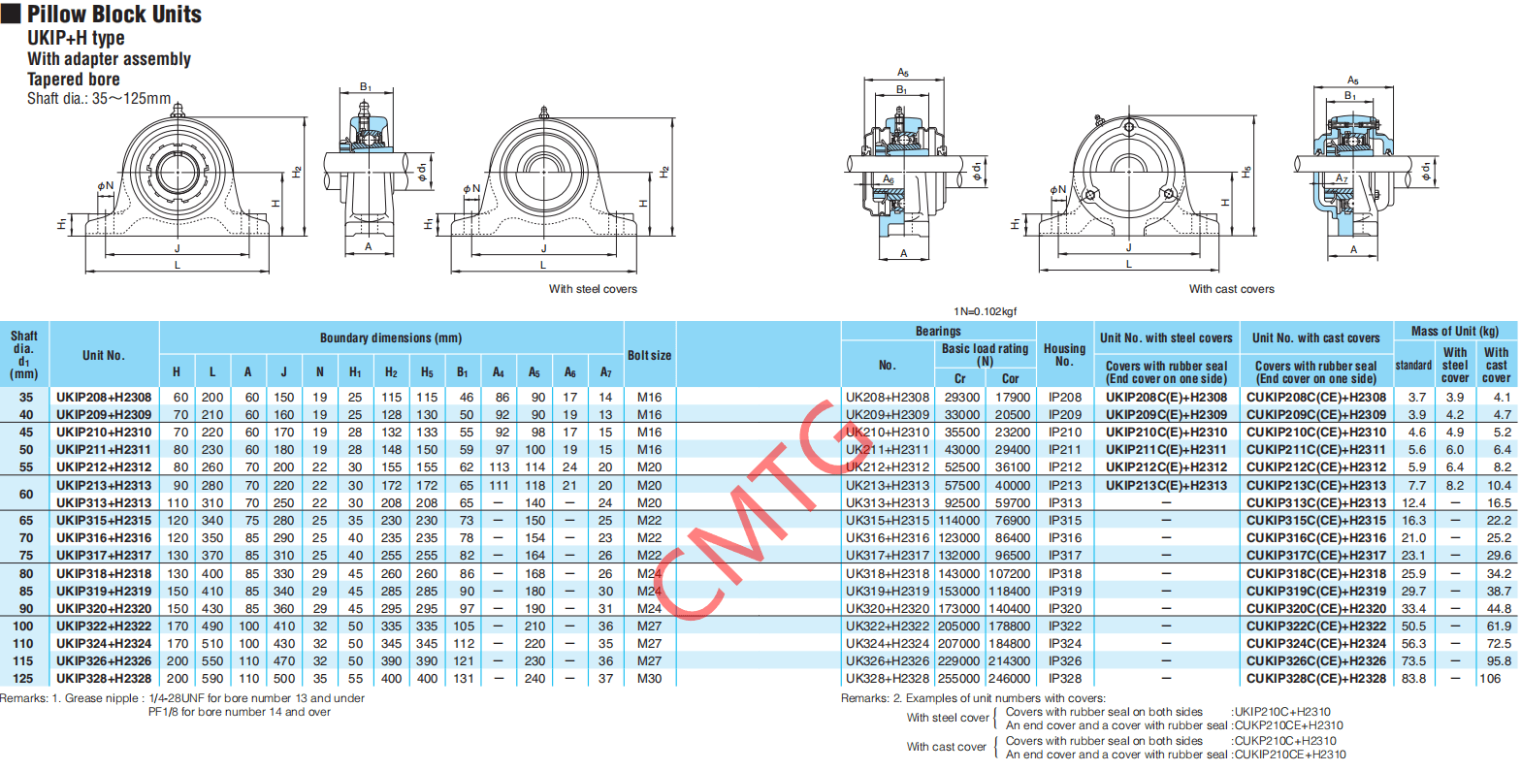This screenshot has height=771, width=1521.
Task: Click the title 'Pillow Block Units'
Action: pos(114,15)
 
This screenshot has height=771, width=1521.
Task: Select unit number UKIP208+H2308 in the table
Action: pos(104,397)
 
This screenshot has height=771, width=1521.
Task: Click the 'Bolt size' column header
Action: pos(649,355)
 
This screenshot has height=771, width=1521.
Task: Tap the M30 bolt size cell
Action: pos(649,678)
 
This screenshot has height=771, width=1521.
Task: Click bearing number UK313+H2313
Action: pos(888,503)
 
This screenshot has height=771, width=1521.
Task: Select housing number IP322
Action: pos(1065,626)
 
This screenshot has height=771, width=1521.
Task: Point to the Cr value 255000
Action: pos(958,678)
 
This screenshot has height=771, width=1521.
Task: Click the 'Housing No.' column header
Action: pos(1065,354)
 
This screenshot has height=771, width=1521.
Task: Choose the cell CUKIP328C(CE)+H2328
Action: pos(1316,678)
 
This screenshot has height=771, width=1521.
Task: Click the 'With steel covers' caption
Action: pos(593,289)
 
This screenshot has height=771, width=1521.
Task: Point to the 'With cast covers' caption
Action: pos(1231,289)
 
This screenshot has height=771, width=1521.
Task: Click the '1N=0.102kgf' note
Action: pos(986,311)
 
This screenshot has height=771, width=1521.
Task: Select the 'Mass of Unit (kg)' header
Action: pos(1454,332)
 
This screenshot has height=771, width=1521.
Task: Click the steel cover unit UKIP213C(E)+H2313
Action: pos(1166,485)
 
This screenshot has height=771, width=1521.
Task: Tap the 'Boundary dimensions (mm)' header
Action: pos(390,338)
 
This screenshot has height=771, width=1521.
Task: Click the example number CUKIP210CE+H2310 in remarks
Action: pos(1290,755)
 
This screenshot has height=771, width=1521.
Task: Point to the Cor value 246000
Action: pos(1009,678)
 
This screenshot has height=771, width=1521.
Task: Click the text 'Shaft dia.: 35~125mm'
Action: pos(99,98)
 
